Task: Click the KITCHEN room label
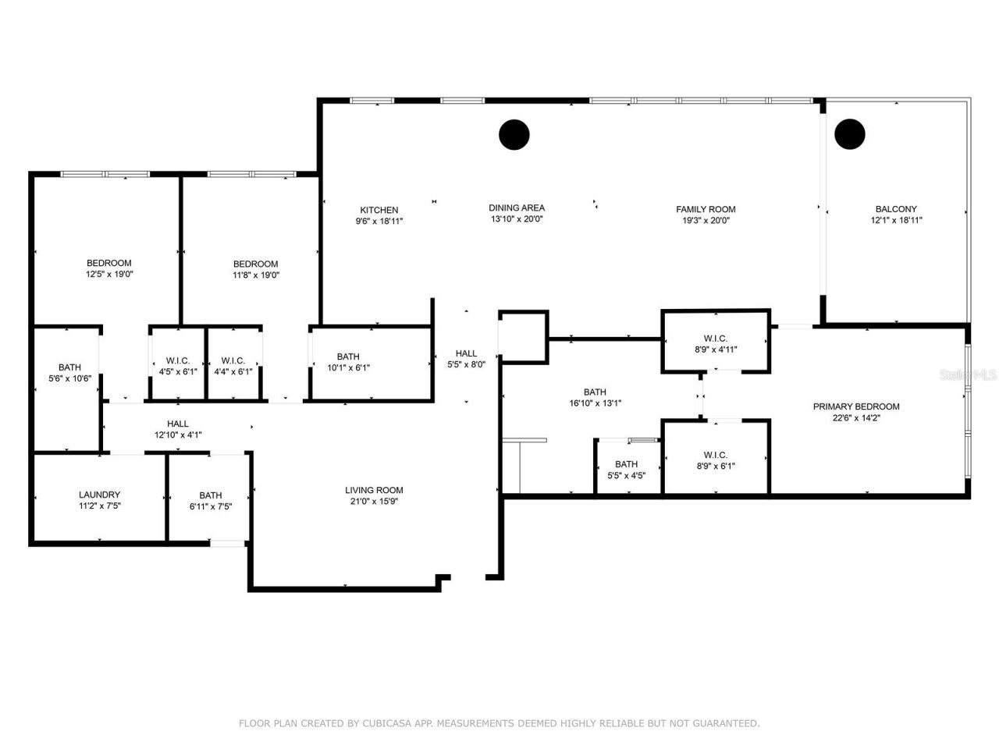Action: [379, 210]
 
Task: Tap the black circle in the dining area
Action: [514, 134]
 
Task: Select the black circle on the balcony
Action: [849, 134]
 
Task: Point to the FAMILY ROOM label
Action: [706, 209]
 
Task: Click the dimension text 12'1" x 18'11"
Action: [896, 220]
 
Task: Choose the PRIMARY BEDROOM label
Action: [856, 406]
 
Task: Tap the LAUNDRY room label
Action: [99, 495]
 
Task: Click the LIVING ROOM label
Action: [374, 491]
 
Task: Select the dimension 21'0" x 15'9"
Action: [374, 502]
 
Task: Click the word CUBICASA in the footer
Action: [389, 724]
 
